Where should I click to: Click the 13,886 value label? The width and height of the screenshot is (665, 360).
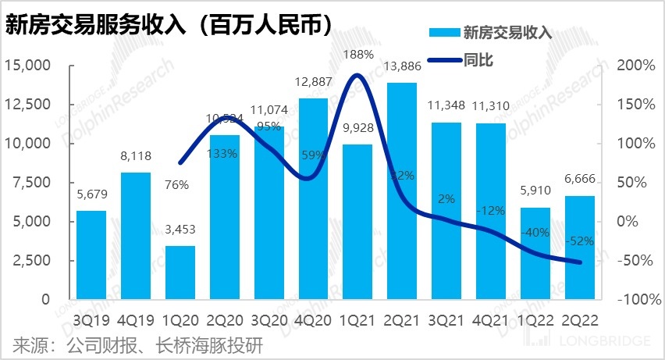click(401, 68)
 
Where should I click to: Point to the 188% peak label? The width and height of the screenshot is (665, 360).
click(357, 54)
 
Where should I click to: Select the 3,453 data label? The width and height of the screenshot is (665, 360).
click(180, 231)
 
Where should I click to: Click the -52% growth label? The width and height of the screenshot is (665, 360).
click(579, 241)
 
